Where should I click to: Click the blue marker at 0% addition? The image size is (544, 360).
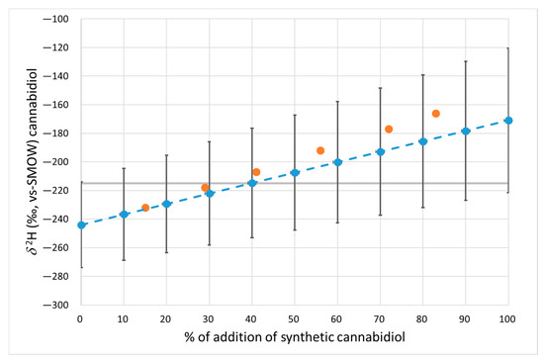(81, 225)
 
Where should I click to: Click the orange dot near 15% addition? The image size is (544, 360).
(145, 208)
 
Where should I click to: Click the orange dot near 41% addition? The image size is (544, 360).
(256, 172)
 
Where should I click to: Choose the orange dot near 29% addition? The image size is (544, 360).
(205, 188)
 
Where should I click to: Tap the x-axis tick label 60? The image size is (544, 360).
(337, 318)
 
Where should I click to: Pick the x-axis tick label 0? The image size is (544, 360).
(81, 318)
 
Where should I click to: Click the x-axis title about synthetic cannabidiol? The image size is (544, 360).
(295, 340)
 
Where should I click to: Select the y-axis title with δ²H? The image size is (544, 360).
(20, 162)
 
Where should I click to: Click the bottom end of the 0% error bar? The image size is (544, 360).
(81, 267)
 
